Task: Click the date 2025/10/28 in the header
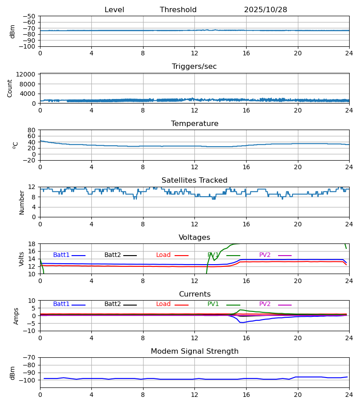pyautogui.click(x=265, y=10)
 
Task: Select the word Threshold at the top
pyautogui.click(x=178, y=10)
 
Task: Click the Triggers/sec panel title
pyautogui.click(x=194, y=67)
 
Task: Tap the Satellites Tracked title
pyautogui.click(x=194, y=180)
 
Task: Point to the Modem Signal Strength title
pyautogui.click(x=194, y=351)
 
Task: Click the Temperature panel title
pyautogui.click(x=194, y=124)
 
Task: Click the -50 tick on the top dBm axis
pyautogui.click(x=31, y=16)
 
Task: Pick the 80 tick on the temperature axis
pyautogui.click(x=32, y=130)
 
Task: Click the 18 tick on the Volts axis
pyautogui.click(x=32, y=244)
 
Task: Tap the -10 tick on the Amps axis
pyautogui.click(x=30, y=331)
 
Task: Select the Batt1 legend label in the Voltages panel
pyautogui.click(x=61, y=255)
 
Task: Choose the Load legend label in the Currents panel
pyautogui.click(x=163, y=304)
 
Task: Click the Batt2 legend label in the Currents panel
pyautogui.click(x=112, y=304)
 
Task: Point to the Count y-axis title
pyautogui.click(x=10, y=88)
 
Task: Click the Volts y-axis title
pyautogui.click(x=21, y=259)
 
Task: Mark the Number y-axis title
pyautogui.click(x=22, y=202)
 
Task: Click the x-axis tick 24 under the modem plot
pyautogui.click(x=349, y=395)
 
